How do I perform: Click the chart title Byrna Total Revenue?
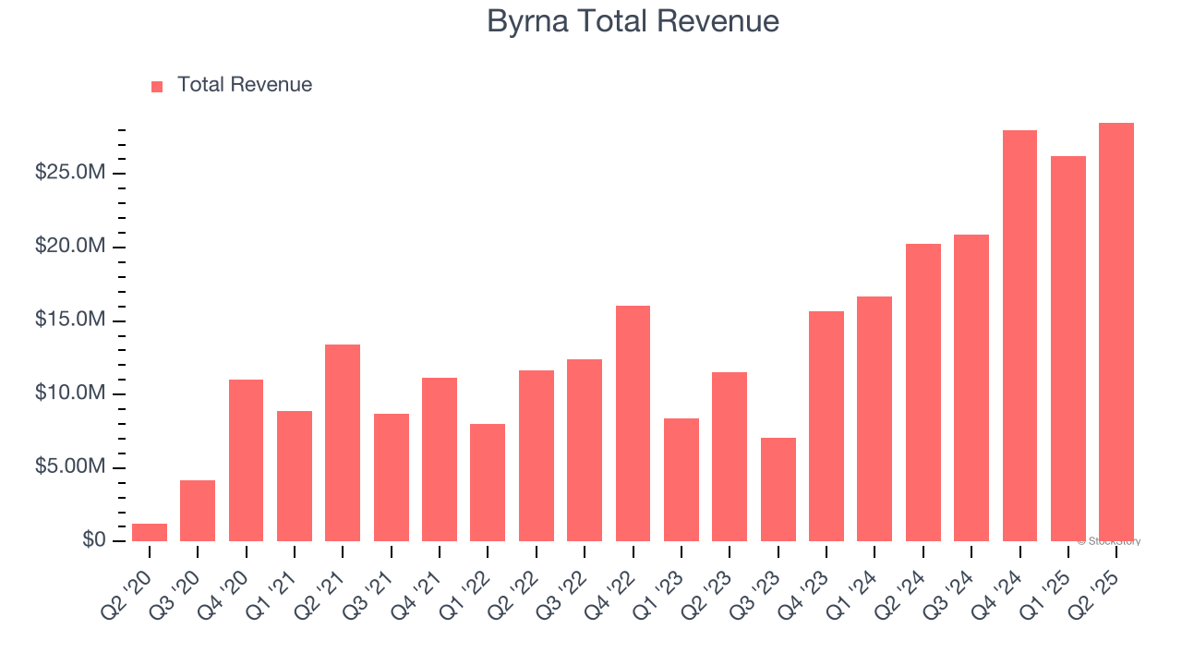coord(633,21)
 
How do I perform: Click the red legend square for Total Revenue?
coord(157,86)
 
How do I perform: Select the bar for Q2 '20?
coord(150,532)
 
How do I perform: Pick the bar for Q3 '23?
coord(778,490)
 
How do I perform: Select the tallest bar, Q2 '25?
coord(1116,332)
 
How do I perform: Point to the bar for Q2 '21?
coord(343,442)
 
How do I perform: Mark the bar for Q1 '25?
coord(1067,348)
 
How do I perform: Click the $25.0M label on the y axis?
coord(70,174)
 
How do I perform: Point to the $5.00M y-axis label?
coord(70,467)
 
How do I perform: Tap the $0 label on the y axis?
coord(93,540)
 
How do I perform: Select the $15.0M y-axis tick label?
coord(70,320)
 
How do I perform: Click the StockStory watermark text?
coord(1111,541)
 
